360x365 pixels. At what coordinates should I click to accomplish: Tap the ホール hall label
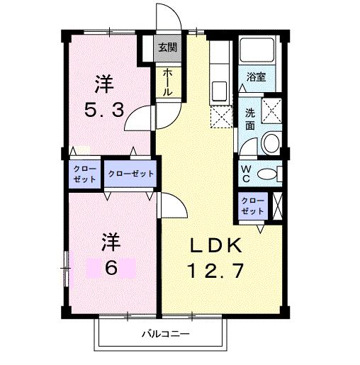click(x=167, y=83)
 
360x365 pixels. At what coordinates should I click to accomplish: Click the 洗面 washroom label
click(x=250, y=118)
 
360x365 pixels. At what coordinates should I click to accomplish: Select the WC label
click(x=246, y=174)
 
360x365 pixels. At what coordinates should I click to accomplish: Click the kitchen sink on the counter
click(x=219, y=91)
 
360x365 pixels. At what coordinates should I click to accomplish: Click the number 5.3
click(x=105, y=111)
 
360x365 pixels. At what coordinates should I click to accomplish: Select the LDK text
click(x=216, y=246)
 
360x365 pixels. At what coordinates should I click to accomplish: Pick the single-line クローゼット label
click(x=130, y=174)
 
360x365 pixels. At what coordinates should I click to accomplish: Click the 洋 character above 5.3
click(x=105, y=84)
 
